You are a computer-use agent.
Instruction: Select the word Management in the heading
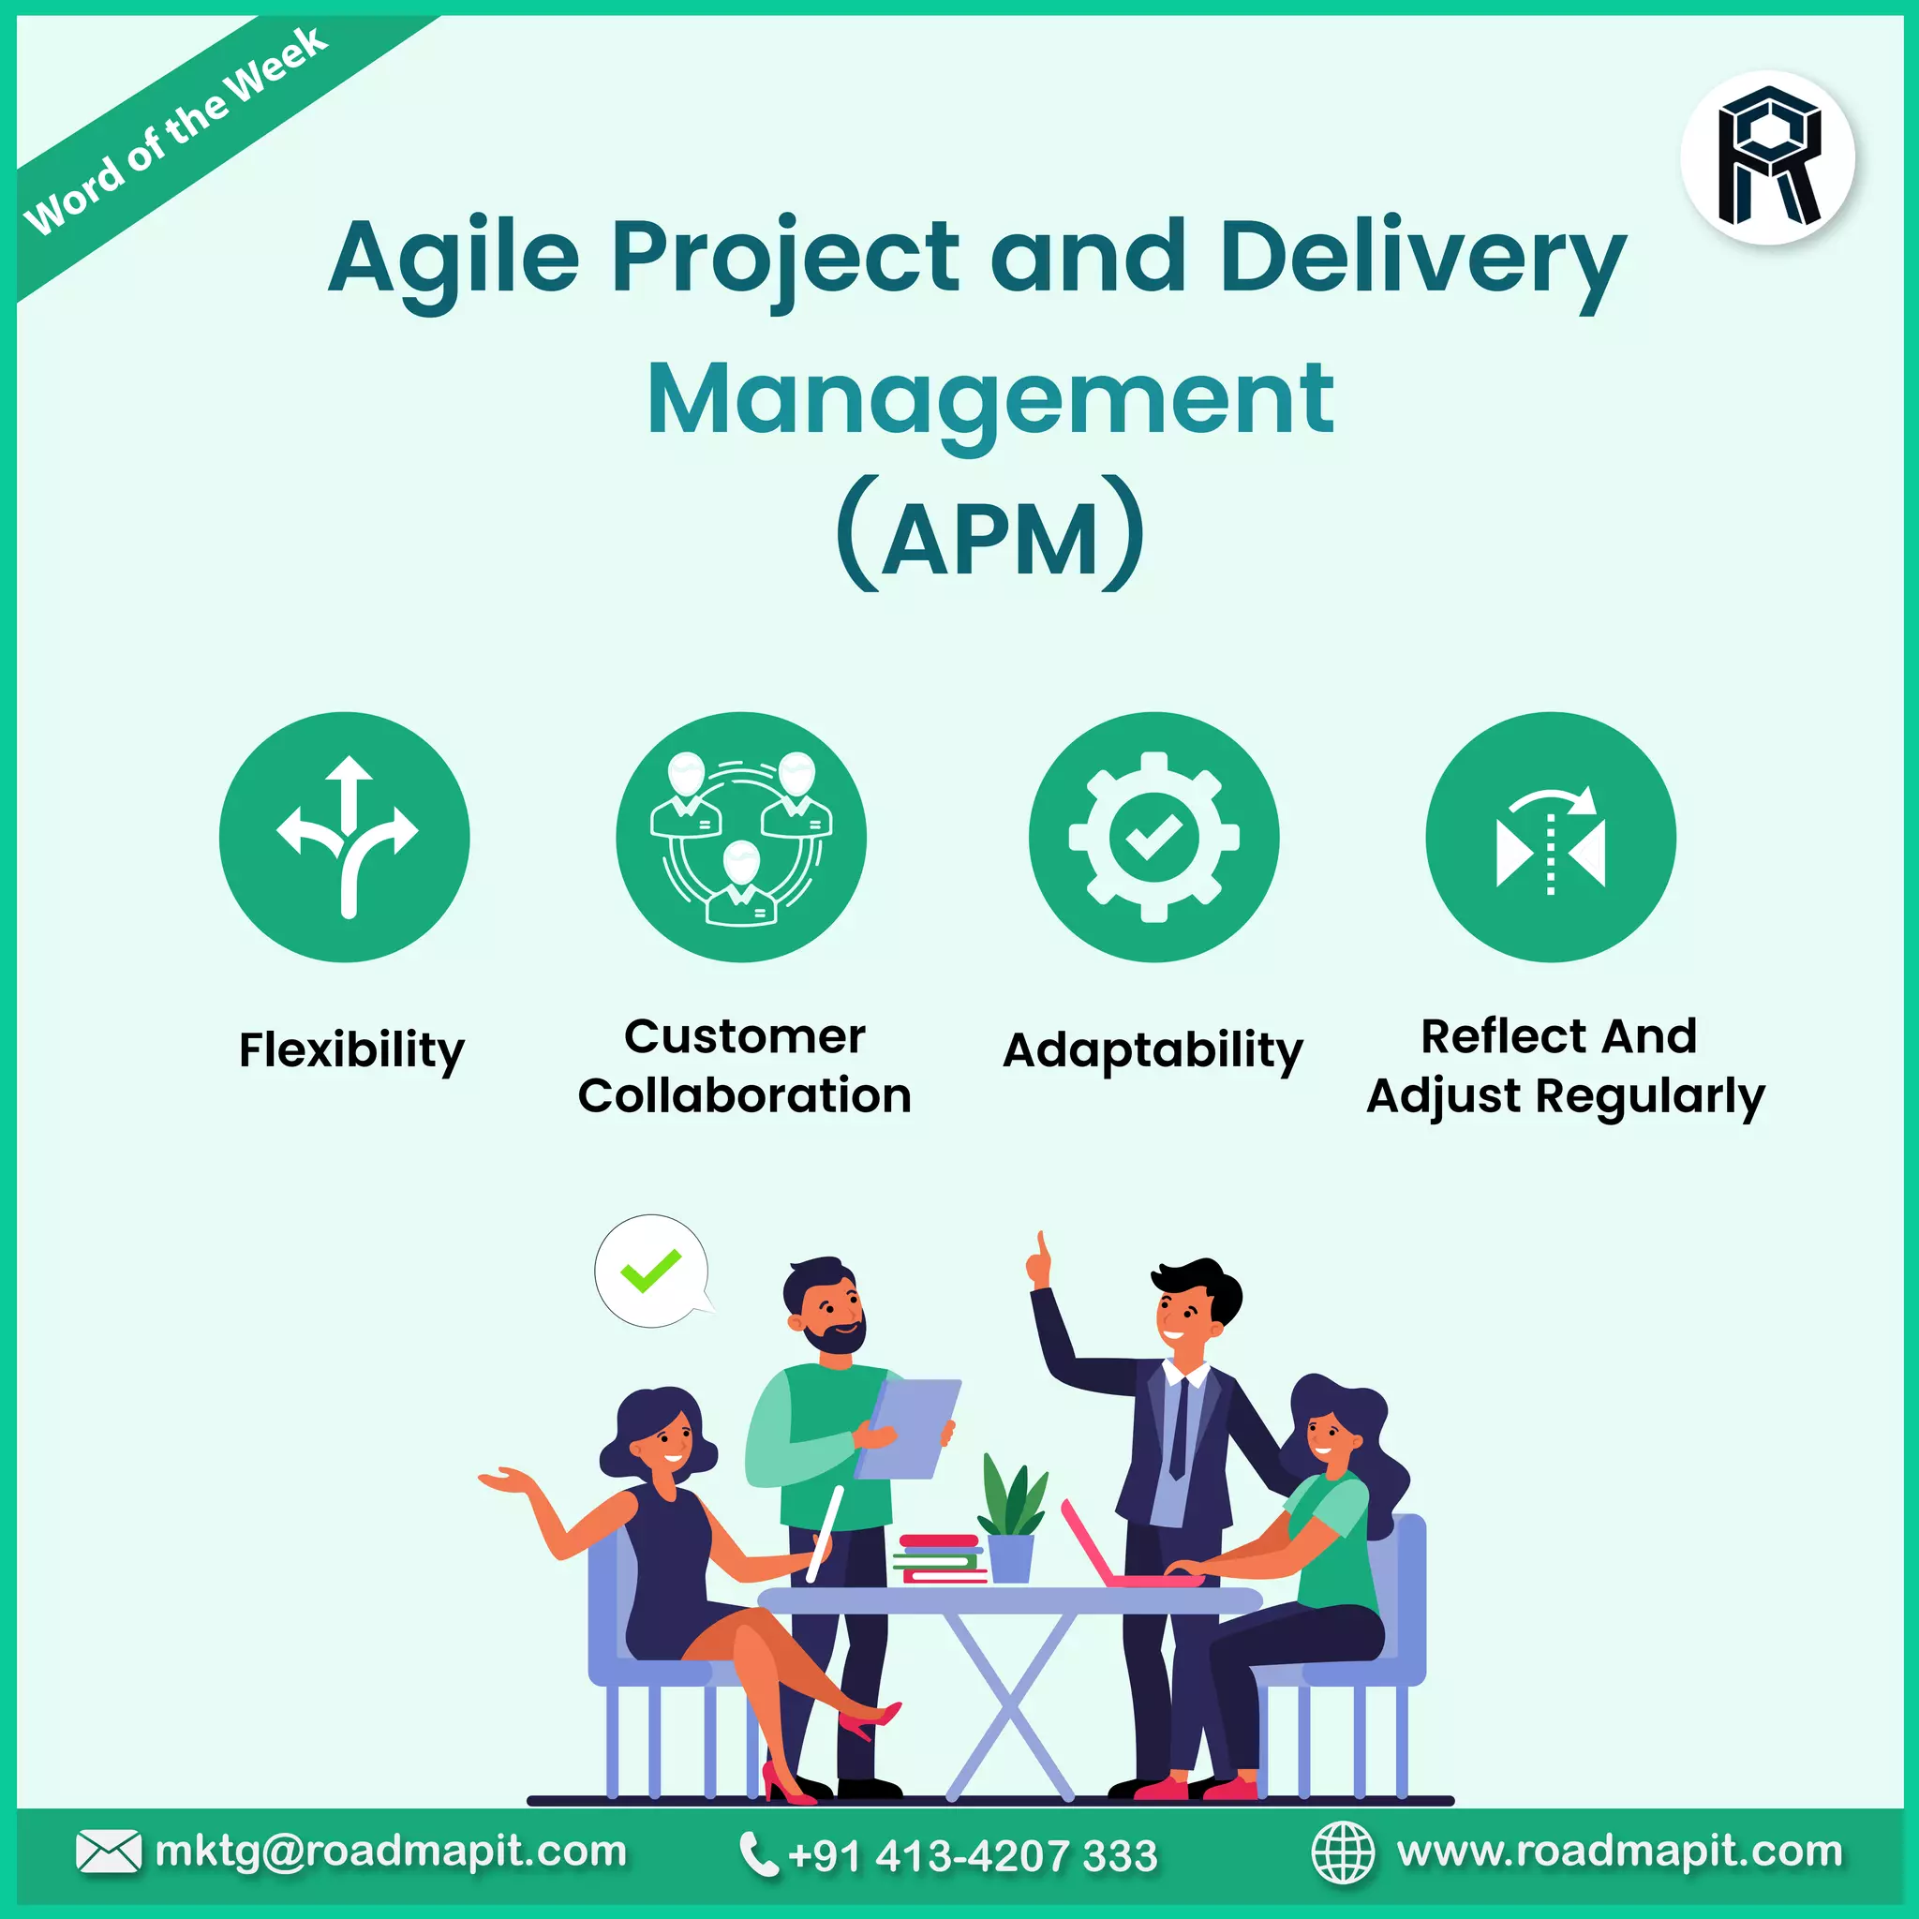tap(990, 399)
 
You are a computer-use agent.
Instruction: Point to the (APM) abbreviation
tap(990, 536)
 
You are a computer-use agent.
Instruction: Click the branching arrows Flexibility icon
tap(345, 838)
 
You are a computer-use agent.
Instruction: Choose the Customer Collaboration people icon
tap(741, 838)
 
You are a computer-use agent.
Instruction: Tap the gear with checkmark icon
tap(1153, 838)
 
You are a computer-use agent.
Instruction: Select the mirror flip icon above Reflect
tap(1551, 838)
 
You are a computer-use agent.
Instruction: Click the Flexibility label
tap(351, 1049)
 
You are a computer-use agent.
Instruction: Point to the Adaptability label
tap(1153, 1049)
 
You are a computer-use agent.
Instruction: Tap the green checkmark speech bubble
tap(651, 1271)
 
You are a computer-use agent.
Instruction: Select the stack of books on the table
tap(939, 1559)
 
